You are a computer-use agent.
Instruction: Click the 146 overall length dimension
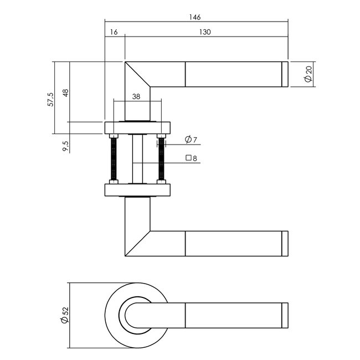(x=194, y=17)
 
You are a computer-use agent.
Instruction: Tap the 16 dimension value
(x=114, y=33)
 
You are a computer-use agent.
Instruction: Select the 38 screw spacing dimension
(x=136, y=95)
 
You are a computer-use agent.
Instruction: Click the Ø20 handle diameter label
(x=308, y=74)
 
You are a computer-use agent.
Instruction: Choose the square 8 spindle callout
(x=191, y=158)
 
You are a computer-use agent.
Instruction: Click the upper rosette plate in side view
(x=137, y=127)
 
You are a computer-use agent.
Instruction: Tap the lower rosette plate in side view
(x=137, y=190)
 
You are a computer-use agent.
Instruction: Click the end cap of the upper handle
(x=285, y=74)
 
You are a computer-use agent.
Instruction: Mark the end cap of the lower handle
(x=285, y=244)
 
